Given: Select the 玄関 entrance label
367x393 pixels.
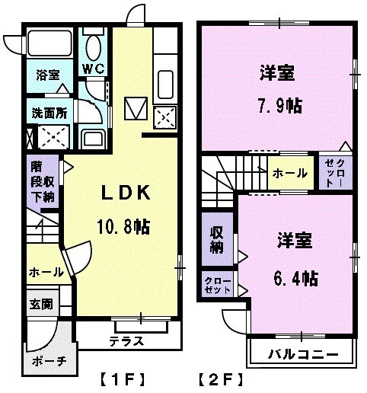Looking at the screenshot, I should pyautogui.click(x=41, y=304).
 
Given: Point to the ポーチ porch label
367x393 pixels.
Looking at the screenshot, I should pyautogui.click(x=49, y=361).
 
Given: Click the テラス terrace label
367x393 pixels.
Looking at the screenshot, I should pyautogui.click(x=126, y=340).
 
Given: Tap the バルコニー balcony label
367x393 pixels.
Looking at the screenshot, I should pyautogui.click(x=302, y=353).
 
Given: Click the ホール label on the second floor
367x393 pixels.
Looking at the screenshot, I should pyautogui.click(x=289, y=174).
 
